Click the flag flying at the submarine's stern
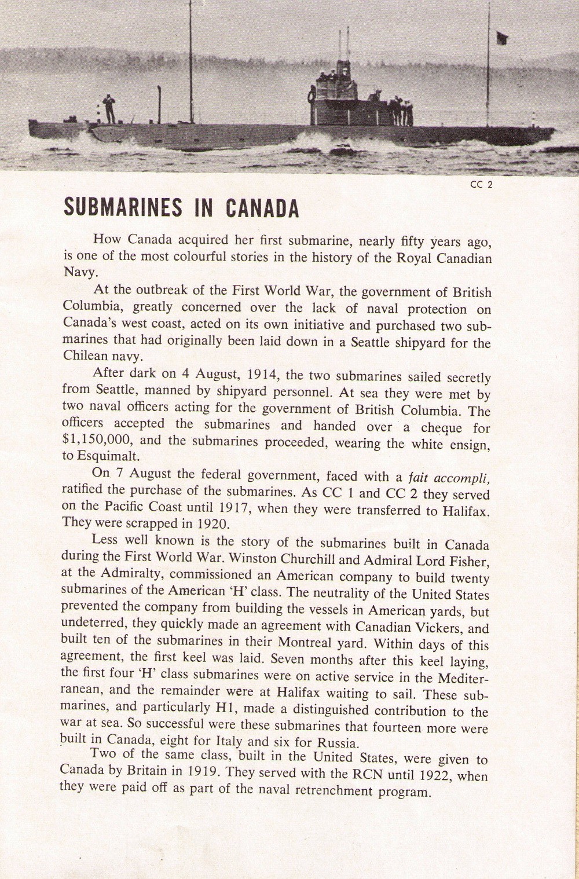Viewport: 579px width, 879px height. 501,38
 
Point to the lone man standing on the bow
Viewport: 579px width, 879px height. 109,108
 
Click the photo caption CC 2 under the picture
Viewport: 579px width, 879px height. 481,185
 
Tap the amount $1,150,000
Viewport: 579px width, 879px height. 95,443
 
